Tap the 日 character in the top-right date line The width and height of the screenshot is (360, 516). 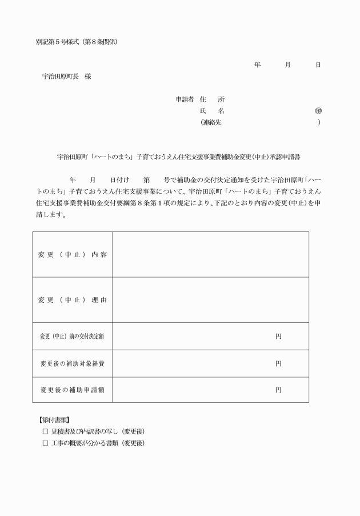[x=318, y=65]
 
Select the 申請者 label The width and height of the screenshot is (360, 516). [x=185, y=99]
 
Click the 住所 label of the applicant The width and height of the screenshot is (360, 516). [x=212, y=99]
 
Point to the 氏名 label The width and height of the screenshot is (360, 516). [x=212, y=111]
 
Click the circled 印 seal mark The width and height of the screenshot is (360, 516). [x=318, y=111]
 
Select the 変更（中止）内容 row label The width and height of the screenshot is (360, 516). [x=72, y=254]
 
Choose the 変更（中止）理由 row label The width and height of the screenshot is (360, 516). [x=72, y=300]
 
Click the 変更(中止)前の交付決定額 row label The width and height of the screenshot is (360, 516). [x=72, y=336]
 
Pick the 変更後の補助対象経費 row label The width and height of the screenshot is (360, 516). [x=72, y=363]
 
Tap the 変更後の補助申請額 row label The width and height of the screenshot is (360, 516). [x=72, y=390]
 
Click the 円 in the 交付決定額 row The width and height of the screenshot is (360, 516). [x=278, y=336]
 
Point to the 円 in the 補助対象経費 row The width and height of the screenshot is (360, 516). [x=278, y=363]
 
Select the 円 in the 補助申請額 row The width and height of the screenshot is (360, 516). [x=278, y=390]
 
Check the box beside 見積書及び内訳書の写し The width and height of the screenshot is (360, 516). [x=45, y=431]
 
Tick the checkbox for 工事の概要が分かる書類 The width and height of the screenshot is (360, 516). [x=45, y=443]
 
